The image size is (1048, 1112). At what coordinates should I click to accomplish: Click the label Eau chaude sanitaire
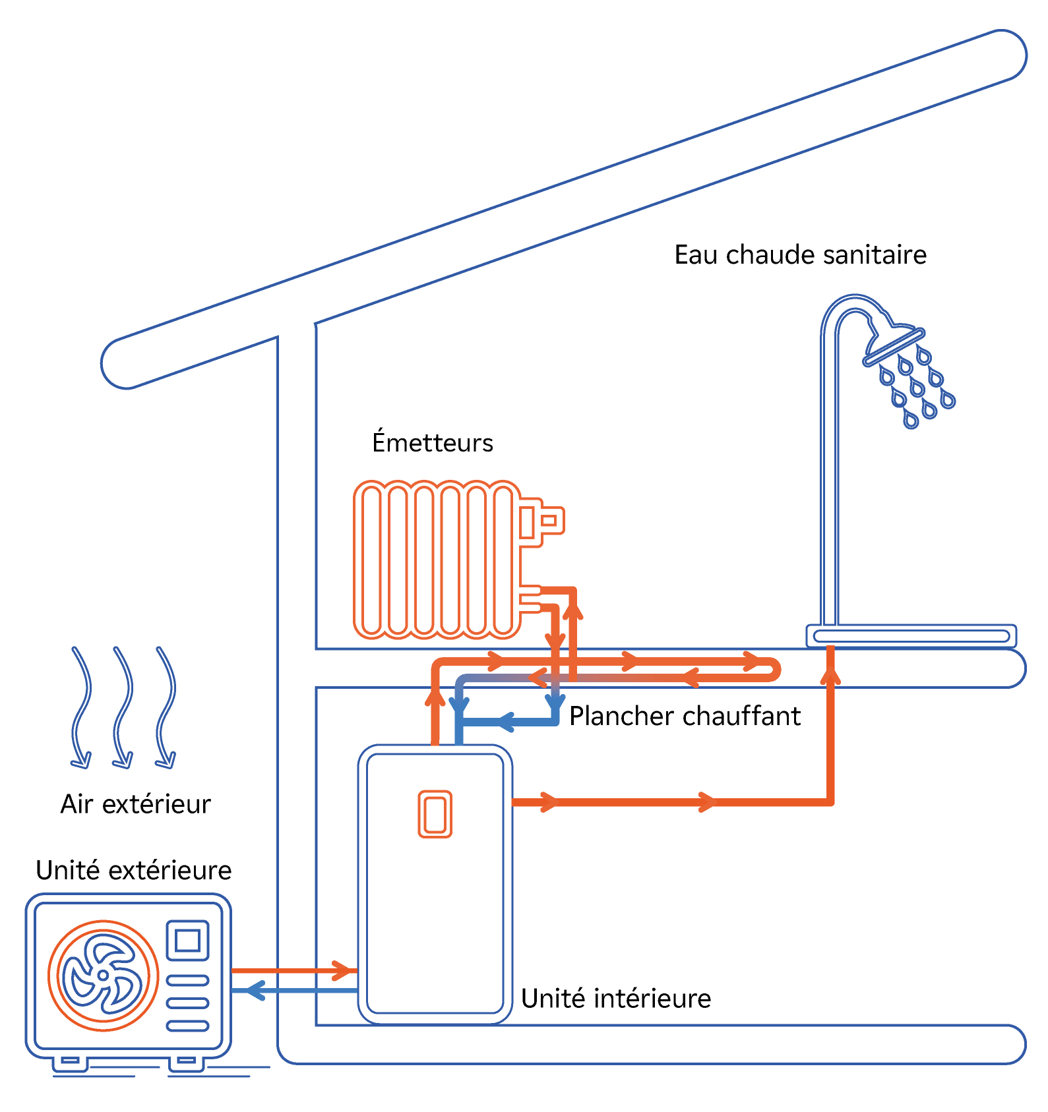(800, 255)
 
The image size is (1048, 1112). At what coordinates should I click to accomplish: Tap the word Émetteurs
(433, 442)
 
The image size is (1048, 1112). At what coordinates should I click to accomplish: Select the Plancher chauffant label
(685, 716)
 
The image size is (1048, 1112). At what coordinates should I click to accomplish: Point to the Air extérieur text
(136, 804)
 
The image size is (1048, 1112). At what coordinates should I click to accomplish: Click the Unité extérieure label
(134, 871)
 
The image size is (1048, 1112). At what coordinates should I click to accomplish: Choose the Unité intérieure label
(616, 999)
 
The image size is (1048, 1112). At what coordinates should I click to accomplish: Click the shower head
(894, 342)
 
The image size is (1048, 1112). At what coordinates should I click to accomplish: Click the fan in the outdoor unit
(104, 975)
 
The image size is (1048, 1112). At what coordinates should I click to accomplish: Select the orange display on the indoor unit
(435, 814)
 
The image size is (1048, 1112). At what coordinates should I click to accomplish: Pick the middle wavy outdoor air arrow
(123, 708)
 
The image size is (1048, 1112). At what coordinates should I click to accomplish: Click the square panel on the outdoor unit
(188, 940)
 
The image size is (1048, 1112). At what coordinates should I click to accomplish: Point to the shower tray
(911, 636)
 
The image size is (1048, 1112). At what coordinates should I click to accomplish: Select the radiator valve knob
(553, 521)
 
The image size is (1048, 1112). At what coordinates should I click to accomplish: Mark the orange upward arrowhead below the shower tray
(831, 676)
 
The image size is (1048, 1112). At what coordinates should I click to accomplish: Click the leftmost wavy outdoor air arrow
(81, 708)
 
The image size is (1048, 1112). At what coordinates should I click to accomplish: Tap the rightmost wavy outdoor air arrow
(166, 708)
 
